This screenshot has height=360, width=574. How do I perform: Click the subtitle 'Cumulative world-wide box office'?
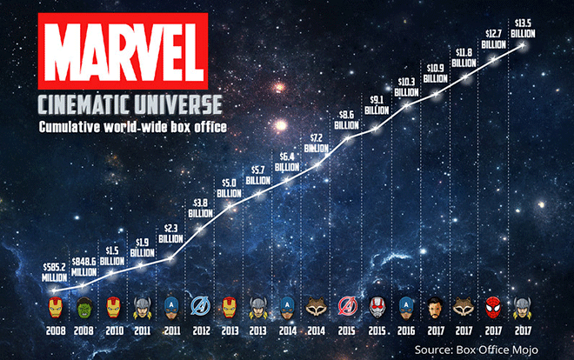point(119,128)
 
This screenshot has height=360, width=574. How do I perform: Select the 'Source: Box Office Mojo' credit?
point(480,349)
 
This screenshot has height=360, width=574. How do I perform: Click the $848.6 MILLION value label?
point(83,263)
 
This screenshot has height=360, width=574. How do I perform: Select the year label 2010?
point(112,331)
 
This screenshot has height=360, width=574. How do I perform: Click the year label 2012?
point(200,331)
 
